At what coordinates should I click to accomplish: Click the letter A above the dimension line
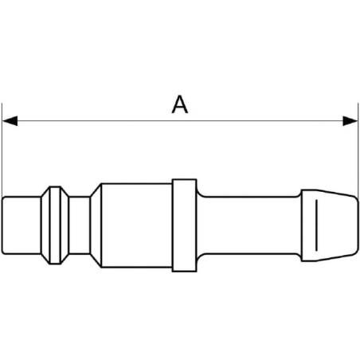pos(180,104)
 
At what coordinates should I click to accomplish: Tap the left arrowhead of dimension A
pos(10,121)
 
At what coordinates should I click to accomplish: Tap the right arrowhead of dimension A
pos(350,121)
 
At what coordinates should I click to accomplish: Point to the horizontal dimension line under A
pos(180,121)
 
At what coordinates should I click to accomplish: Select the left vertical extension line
pos(2,150)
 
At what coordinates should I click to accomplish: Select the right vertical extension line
pos(358,150)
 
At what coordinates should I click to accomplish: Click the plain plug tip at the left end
pos(22,225)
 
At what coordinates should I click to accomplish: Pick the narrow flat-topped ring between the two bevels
pos(55,225)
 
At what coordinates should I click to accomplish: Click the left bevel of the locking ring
pos(45,225)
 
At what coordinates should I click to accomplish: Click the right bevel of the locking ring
pos(65,225)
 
